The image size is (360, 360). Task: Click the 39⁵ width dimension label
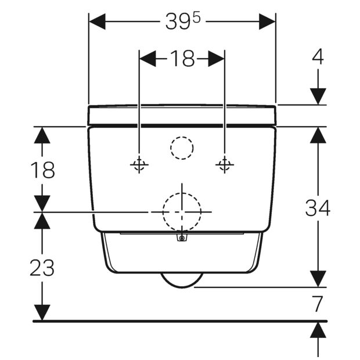coord(183,21)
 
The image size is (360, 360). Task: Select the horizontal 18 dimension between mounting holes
coord(182,59)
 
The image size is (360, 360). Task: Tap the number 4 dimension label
coord(318,57)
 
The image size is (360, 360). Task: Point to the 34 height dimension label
coord(318,207)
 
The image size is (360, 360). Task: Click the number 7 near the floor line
coord(318,304)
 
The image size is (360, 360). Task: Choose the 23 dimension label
coord(42,268)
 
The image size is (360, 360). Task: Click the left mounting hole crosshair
coord(139,165)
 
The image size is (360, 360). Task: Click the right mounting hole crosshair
coord(225,165)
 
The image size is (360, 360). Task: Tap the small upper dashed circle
coord(182,137)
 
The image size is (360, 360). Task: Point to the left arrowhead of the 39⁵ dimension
coord(97,21)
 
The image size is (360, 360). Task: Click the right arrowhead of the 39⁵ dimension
coord(267,21)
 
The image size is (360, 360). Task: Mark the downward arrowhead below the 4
coord(318,96)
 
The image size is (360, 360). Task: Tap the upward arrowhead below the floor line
coord(318,330)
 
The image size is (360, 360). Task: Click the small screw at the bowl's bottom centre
coord(182,238)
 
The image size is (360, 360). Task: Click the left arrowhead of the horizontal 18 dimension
coord(148,59)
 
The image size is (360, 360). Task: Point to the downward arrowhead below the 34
coord(318,279)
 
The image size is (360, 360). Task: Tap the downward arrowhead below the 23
coord(42,312)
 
